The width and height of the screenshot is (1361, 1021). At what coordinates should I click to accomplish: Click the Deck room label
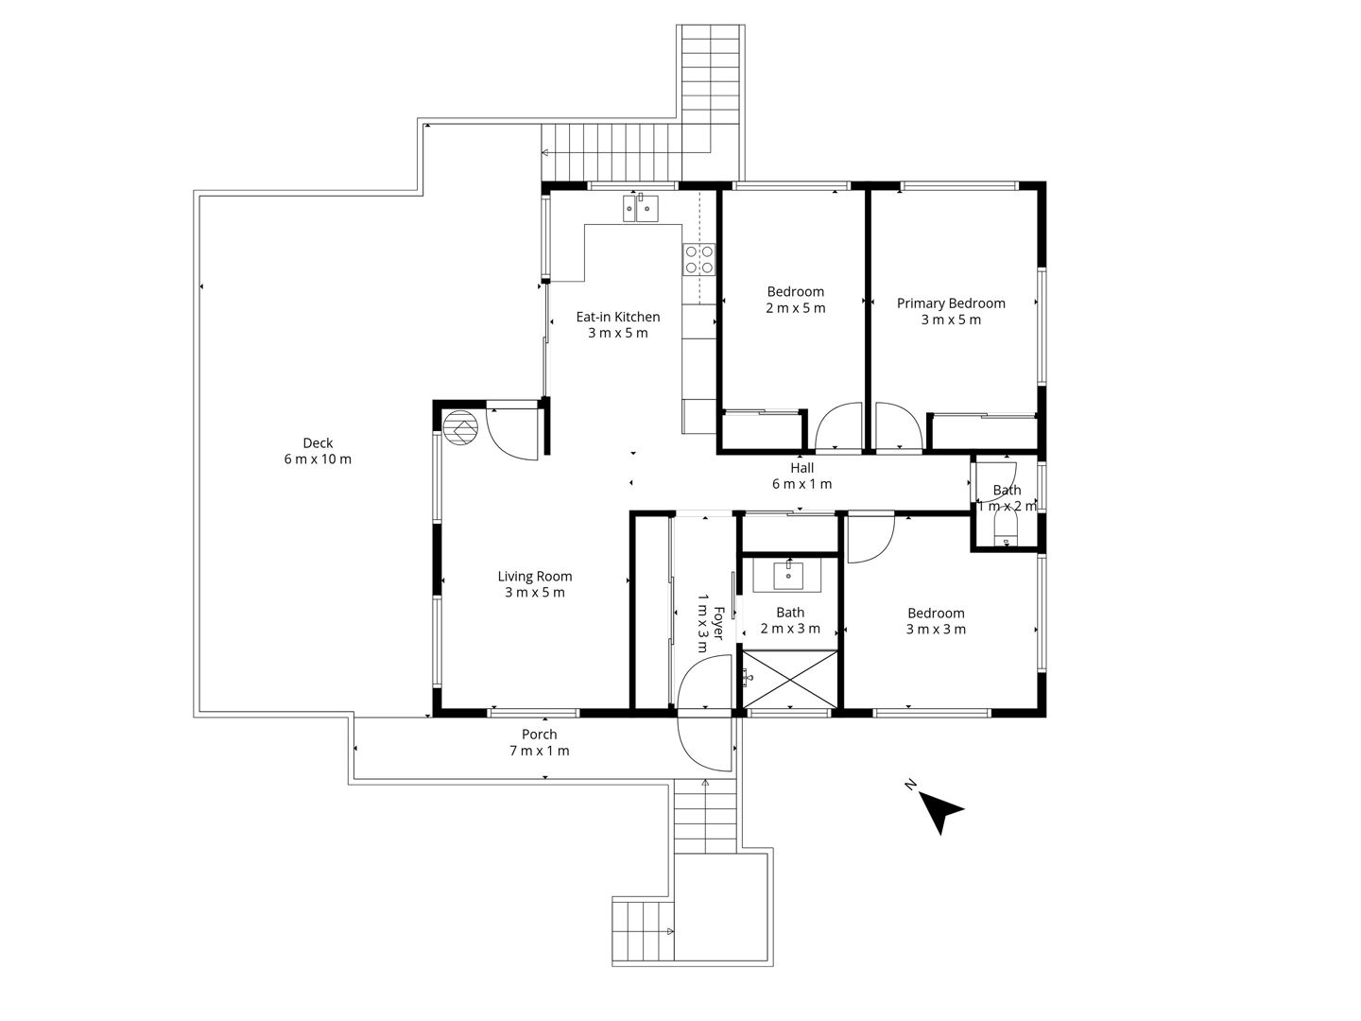pyautogui.click(x=318, y=442)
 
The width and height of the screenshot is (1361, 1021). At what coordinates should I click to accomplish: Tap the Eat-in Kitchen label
pyautogui.click(x=617, y=317)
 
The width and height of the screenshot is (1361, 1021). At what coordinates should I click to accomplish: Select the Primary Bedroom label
pyautogui.click(x=951, y=303)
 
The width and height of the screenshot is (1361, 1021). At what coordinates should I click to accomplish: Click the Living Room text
pyautogui.click(x=535, y=577)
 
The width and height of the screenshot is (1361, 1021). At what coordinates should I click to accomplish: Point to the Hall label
pyautogui.click(x=801, y=468)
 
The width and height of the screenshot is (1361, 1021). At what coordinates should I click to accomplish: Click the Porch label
pyautogui.click(x=539, y=735)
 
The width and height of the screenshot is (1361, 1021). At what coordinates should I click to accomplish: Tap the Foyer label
pyautogui.click(x=718, y=622)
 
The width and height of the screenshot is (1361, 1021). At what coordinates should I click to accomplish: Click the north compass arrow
pyautogui.click(x=940, y=811)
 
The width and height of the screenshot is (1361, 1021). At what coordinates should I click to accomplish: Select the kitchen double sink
pyautogui.click(x=641, y=208)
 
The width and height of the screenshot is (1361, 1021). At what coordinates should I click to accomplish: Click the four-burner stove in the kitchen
pyautogui.click(x=698, y=259)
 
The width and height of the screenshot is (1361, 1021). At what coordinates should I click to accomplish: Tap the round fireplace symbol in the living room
pyautogui.click(x=460, y=428)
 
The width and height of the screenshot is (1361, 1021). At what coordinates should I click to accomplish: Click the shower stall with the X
pyautogui.click(x=789, y=679)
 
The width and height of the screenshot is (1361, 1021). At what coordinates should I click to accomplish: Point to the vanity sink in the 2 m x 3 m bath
pyautogui.click(x=788, y=575)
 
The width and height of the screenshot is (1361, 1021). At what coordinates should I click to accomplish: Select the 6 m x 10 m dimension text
pyautogui.click(x=318, y=459)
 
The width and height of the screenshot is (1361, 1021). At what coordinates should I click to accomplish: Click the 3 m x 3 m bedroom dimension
pyautogui.click(x=936, y=630)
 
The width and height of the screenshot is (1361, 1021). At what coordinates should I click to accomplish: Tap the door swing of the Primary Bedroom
pyautogui.click(x=897, y=425)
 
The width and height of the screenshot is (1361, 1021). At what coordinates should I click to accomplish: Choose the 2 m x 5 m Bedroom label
pyautogui.click(x=796, y=292)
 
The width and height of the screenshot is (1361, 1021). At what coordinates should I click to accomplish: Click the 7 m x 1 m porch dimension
pyautogui.click(x=539, y=751)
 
